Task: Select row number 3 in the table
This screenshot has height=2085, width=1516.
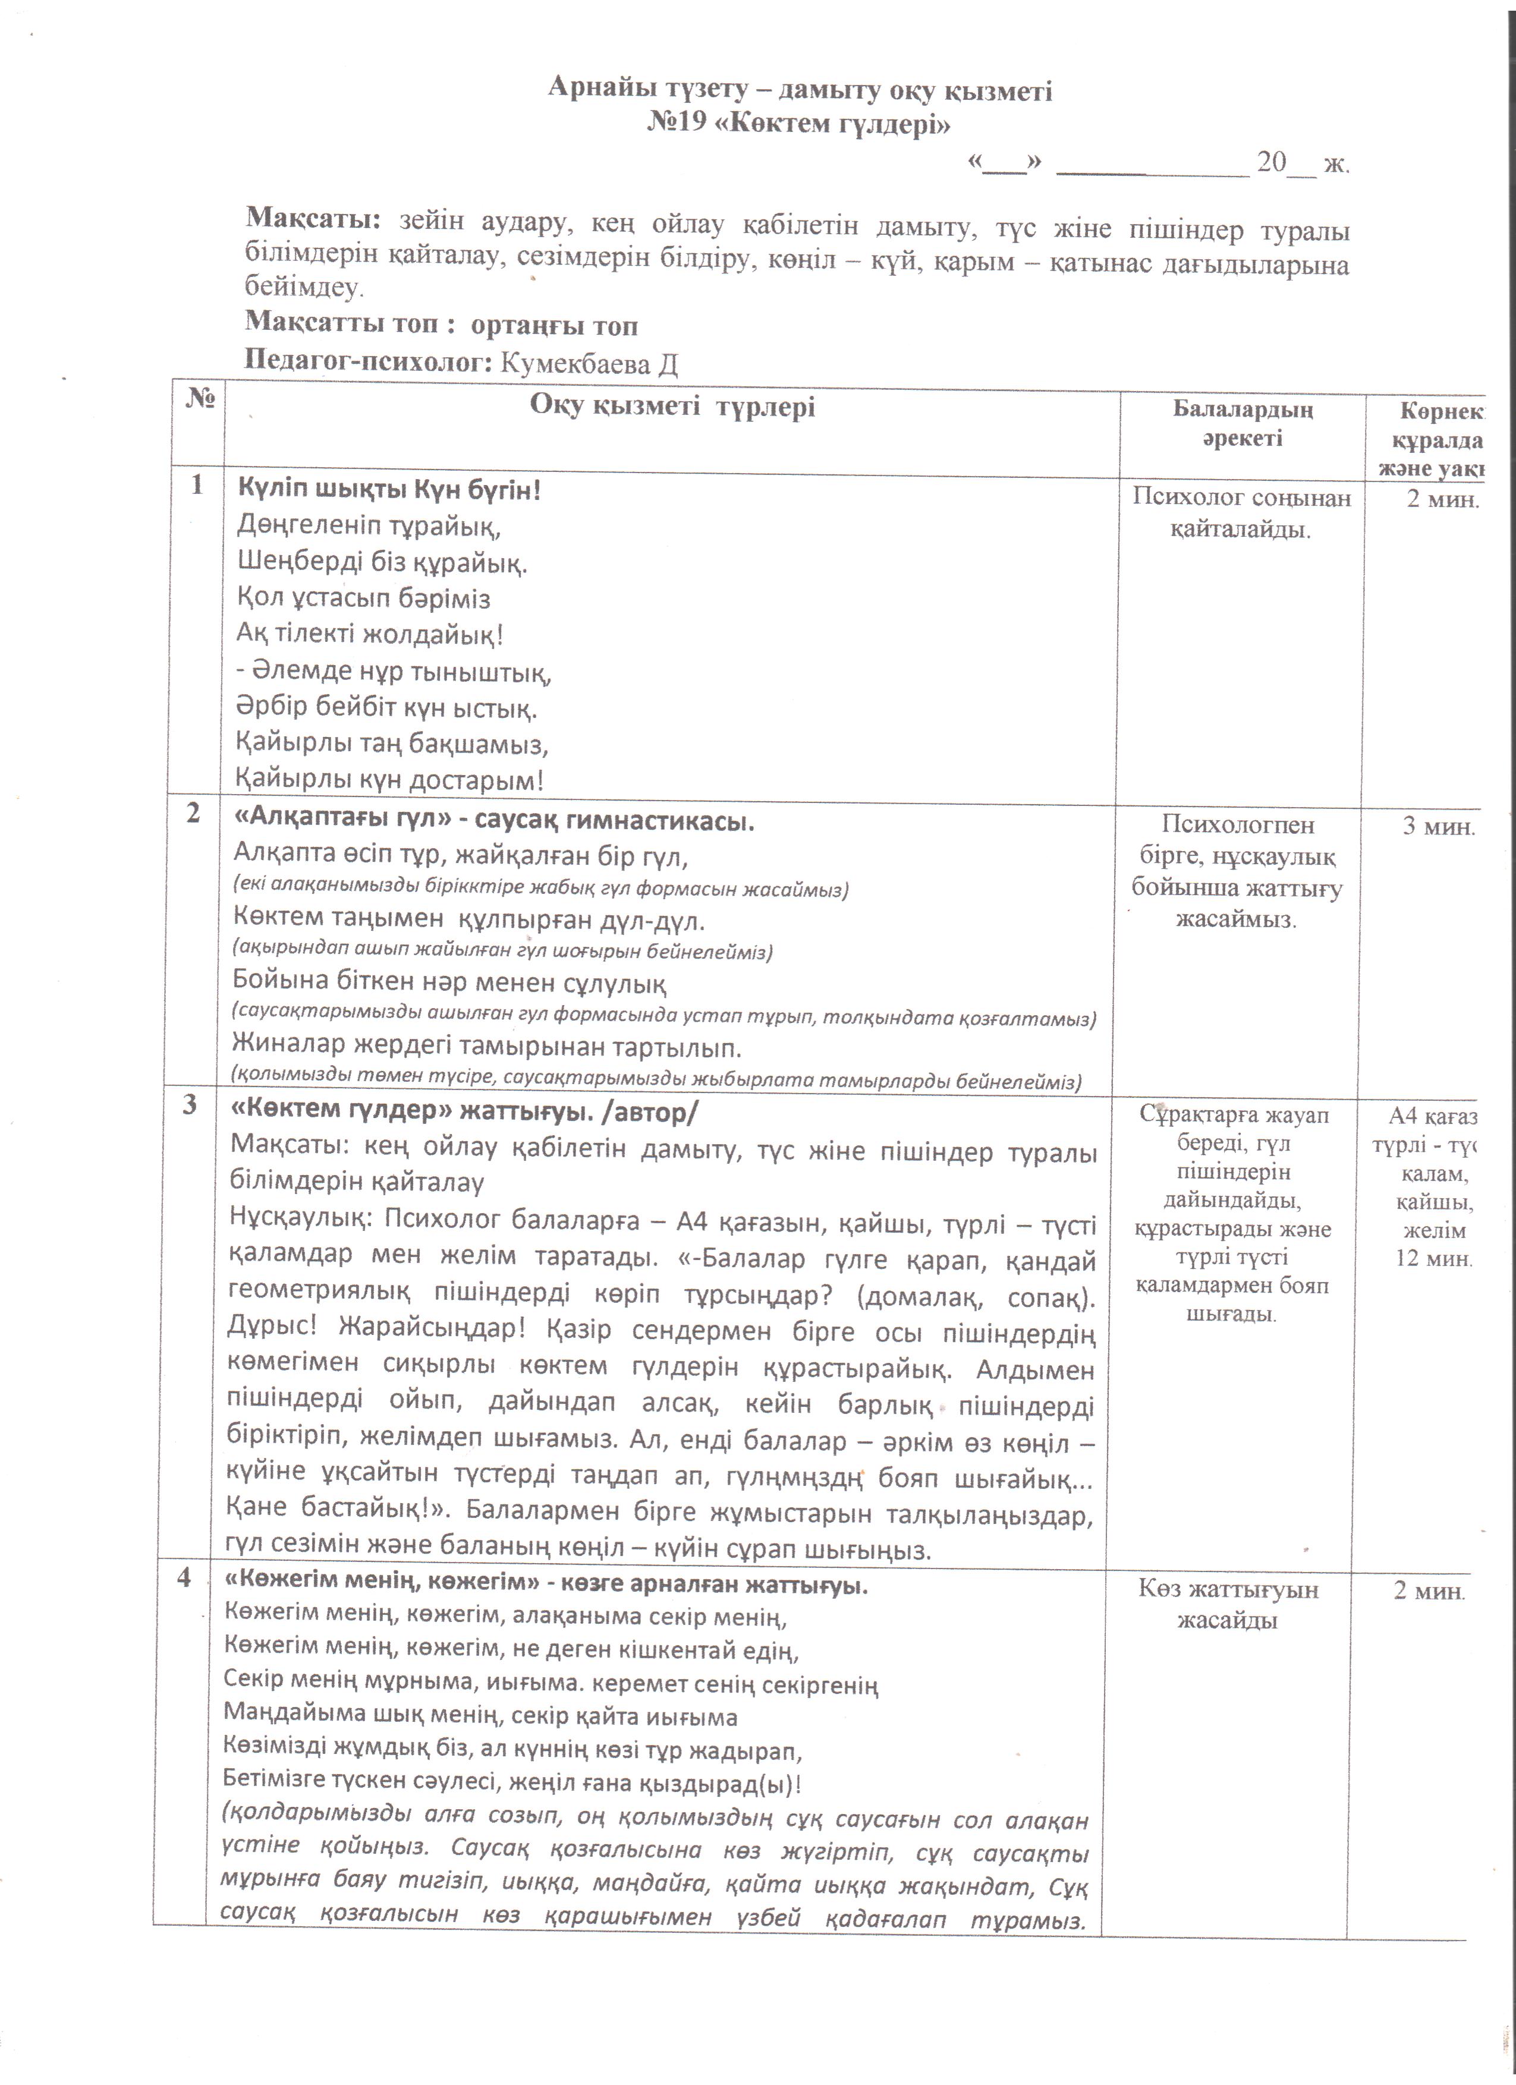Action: point(190,1104)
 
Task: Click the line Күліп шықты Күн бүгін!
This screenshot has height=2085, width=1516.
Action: point(389,490)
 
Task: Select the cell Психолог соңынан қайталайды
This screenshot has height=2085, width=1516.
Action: point(1241,513)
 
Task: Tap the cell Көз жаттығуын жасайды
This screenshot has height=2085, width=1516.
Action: point(1228,1605)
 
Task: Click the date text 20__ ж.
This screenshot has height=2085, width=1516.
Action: point(1303,163)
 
